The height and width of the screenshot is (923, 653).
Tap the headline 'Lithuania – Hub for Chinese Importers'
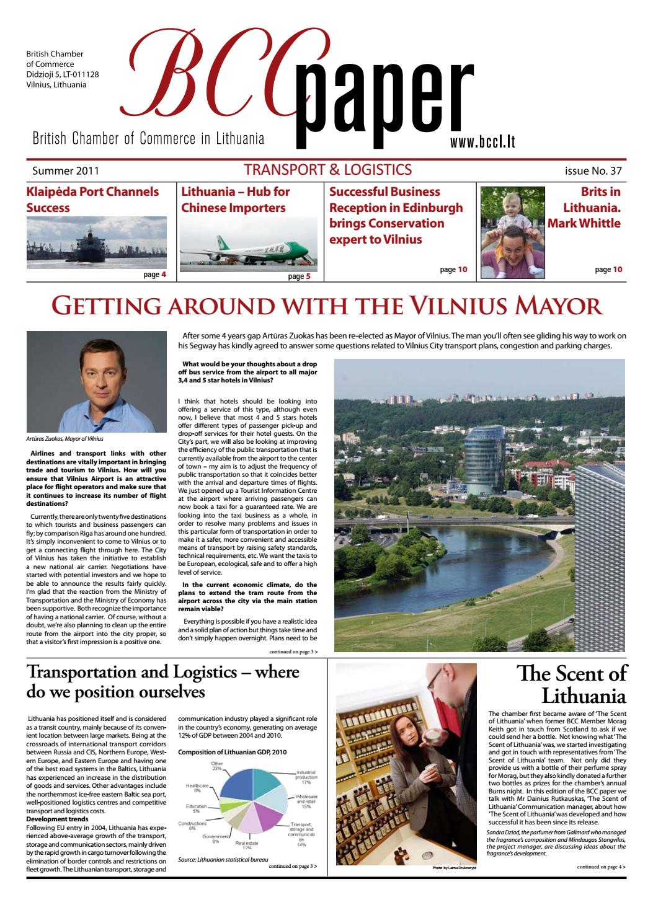click(236, 200)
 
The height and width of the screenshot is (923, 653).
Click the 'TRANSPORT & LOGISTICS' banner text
click(328, 169)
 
